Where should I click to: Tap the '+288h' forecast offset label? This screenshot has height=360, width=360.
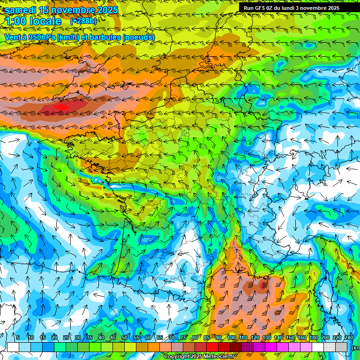(x=83, y=21)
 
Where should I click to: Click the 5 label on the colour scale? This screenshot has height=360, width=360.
(x=18, y=337)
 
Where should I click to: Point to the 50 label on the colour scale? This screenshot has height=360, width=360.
(x=124, y=337)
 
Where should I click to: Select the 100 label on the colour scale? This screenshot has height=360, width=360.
(x=231, y=337)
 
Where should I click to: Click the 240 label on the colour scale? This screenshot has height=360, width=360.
(x=348, y=337)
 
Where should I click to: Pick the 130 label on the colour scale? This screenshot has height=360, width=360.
(x=266, y=337)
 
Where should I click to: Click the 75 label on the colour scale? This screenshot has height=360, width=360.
(x=183, y=337)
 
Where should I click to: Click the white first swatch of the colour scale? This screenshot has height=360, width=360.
(x=13, y=347)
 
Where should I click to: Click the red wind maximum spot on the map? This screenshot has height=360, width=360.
(x=61, y=107)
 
